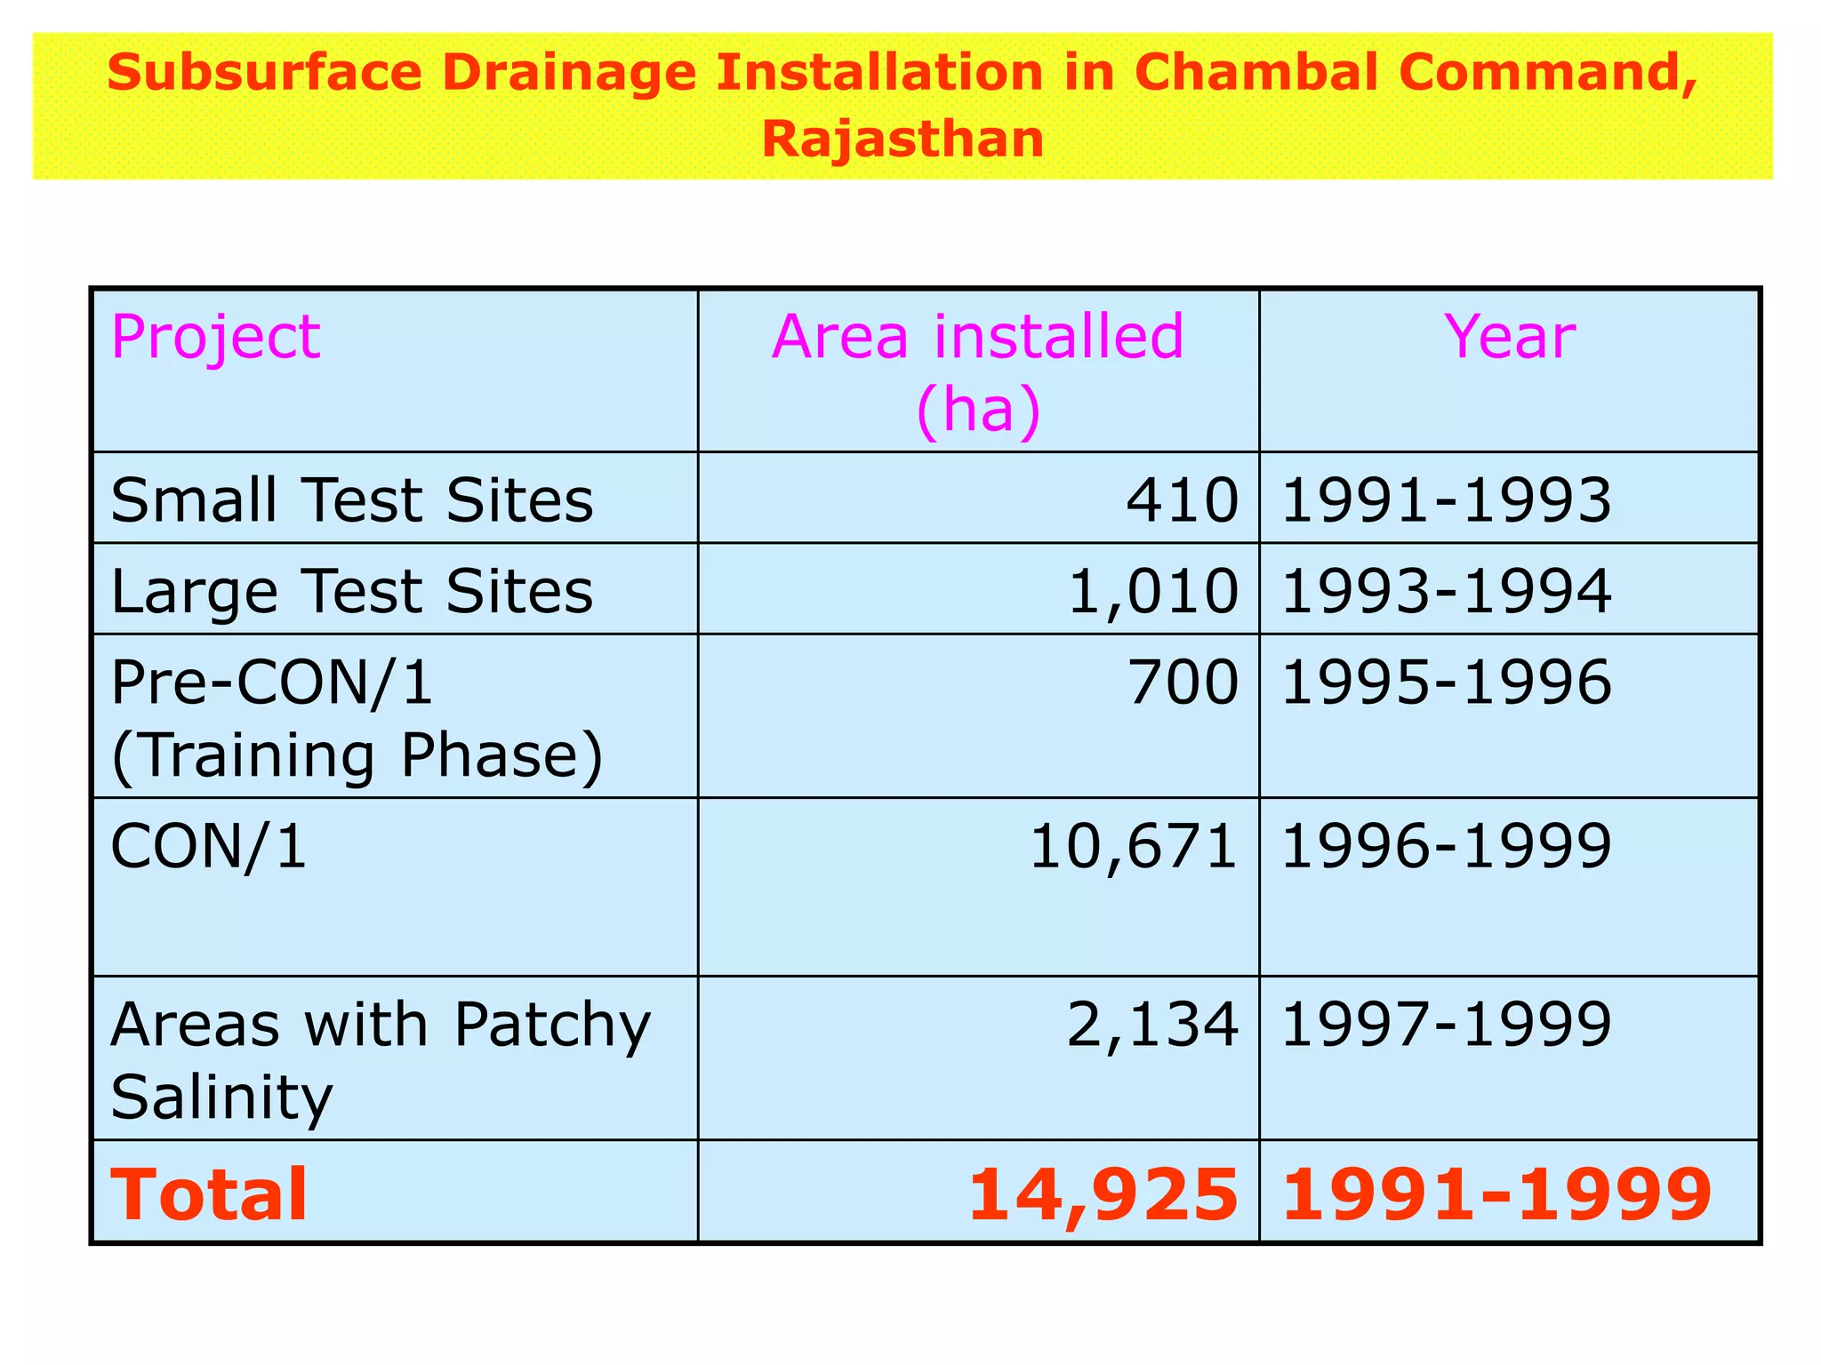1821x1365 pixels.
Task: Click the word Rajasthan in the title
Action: tap(902, 140)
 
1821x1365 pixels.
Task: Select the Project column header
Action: tap(215, 338)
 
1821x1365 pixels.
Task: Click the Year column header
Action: tap(1509, 338)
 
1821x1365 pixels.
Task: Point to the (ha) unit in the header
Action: tap(978, 410)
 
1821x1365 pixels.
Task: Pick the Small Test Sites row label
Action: tap(351, 500)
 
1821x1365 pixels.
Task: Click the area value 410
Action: tap(1182, 500)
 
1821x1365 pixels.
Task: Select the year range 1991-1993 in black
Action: tap(1446, 500)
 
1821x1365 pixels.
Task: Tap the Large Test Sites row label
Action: tap(351, 592)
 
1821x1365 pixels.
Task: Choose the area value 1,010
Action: tap(1152, 592)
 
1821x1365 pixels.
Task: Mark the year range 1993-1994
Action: tap(1446, 592)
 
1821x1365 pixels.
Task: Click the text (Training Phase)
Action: tap(357, 756)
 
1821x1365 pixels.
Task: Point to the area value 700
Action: tap(1182, 683)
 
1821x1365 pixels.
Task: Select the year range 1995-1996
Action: tap(1446, 683)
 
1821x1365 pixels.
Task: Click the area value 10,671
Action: tap(1133, 846)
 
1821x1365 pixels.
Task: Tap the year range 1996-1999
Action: tap(1446, 846)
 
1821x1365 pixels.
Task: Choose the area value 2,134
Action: tap(1152, 1025)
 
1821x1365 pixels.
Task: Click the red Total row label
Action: tap(209, 1194)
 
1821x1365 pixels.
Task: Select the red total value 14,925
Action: tap(1103, 1194)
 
